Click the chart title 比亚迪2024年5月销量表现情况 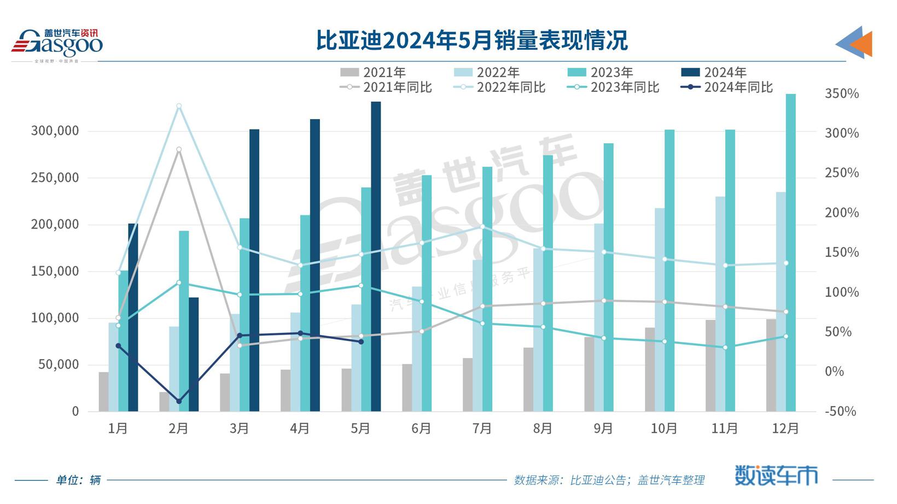coord(471,40)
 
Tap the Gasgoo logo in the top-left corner coord(57,44)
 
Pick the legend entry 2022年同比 coord(499,87)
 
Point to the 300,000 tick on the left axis coord(55,131)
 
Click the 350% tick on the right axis coord(841,93)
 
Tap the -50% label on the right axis coord(840,411)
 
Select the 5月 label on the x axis coord(360,429)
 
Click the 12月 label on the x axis coord(785,429)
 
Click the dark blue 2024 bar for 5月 coord(376,257)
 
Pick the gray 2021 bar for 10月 coord(650,370)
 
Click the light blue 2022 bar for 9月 coord(599,317)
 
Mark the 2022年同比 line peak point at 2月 coord(179,106)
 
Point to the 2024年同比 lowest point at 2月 coord(179,401)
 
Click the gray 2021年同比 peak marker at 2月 coord(179,150)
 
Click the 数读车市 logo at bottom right coord(776,476)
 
